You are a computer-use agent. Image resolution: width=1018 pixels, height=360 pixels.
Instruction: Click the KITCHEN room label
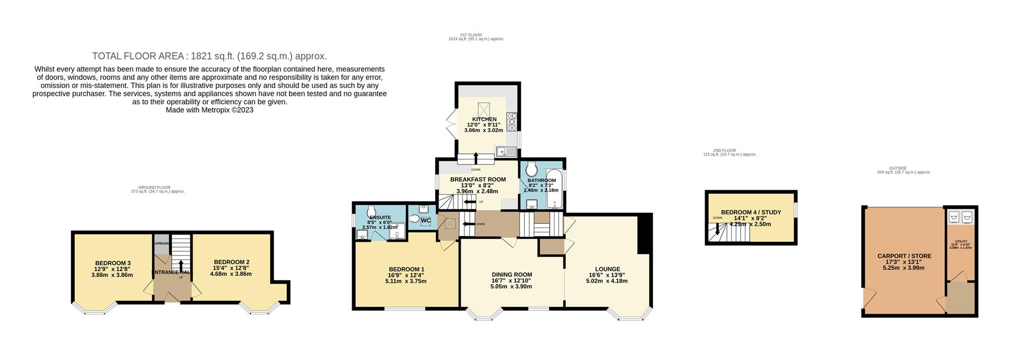pyautogui.click(x=484, y=119)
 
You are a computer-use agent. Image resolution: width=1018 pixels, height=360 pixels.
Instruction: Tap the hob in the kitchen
pyautogui.click(x=512, y=122)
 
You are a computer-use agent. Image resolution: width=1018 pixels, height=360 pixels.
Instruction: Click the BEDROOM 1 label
pyautogui.click(x=406, y=269)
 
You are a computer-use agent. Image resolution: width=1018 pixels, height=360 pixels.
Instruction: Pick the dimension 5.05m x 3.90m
pyautogui.click(x=511, y=286)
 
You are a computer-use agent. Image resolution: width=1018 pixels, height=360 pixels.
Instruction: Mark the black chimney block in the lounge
pyautogui.click(x=645, y=234)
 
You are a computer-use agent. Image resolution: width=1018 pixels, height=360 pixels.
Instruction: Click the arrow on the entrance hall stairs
pyautogui.click(x=181, y=265)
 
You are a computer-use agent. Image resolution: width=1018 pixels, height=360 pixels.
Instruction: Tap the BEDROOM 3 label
pyautogui.click(x=113, y=263)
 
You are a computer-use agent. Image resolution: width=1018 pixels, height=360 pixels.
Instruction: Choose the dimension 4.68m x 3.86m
pyautogui.click(x=231, y=274)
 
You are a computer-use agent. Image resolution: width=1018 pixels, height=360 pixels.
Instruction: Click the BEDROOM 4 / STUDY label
pyautogui.click(x=750, y=212)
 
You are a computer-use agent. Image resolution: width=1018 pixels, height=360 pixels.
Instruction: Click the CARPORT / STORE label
pyautogui.click(x=904, y=256)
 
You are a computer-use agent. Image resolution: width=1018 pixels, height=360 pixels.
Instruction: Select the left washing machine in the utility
pyautogui.click(x=953, y=217)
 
